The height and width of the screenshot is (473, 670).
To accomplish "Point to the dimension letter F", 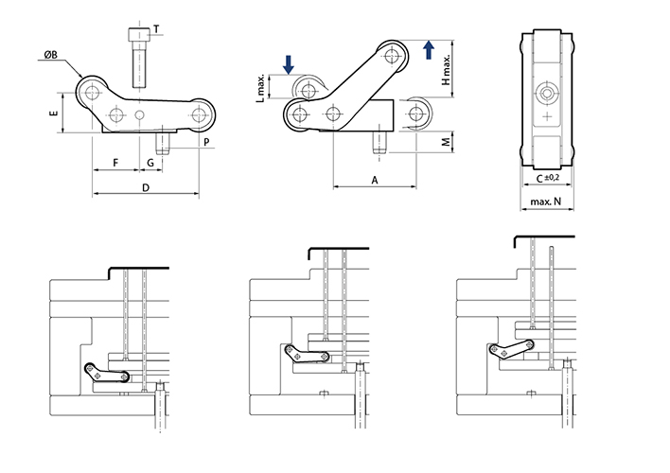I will pos(115,163).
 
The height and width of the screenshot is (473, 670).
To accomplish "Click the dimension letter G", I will pos(150,163).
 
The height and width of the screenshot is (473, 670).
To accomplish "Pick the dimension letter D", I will pos(145,188).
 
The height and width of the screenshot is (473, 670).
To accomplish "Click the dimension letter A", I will pos(375,179).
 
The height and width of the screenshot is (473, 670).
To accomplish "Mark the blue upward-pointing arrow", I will pos(428,49).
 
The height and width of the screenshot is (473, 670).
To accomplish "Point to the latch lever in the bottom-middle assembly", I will pos(309,354).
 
